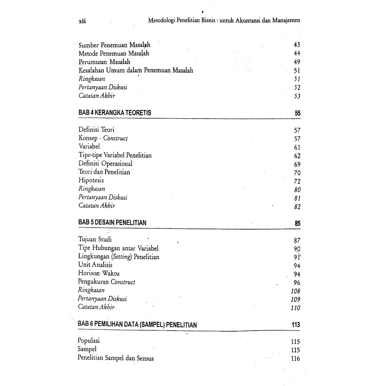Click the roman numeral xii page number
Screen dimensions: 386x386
tap(82, 21)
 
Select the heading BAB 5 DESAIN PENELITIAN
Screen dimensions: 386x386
tap(112, 223)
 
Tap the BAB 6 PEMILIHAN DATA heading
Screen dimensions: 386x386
tap(137, 325)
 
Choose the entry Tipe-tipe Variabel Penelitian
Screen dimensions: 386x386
tap(115, 155)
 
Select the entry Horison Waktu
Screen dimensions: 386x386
tap(99, 273)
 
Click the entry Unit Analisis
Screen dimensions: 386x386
tap(95, 265)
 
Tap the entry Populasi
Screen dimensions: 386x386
tap(89, 341)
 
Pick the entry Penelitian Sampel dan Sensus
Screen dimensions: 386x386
tap(116, 358)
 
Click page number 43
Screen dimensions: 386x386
tap(296, 45)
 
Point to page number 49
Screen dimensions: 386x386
tap(296, 62)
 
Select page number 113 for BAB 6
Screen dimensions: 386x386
tap(296, 325)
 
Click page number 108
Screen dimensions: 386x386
tap(295, 291)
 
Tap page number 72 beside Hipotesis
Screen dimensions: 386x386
tap(297, 181)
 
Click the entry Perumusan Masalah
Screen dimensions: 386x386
tap(104, 62)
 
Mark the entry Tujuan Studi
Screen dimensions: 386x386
tap(95, 239)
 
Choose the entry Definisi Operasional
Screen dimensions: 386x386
tap(106, 164)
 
